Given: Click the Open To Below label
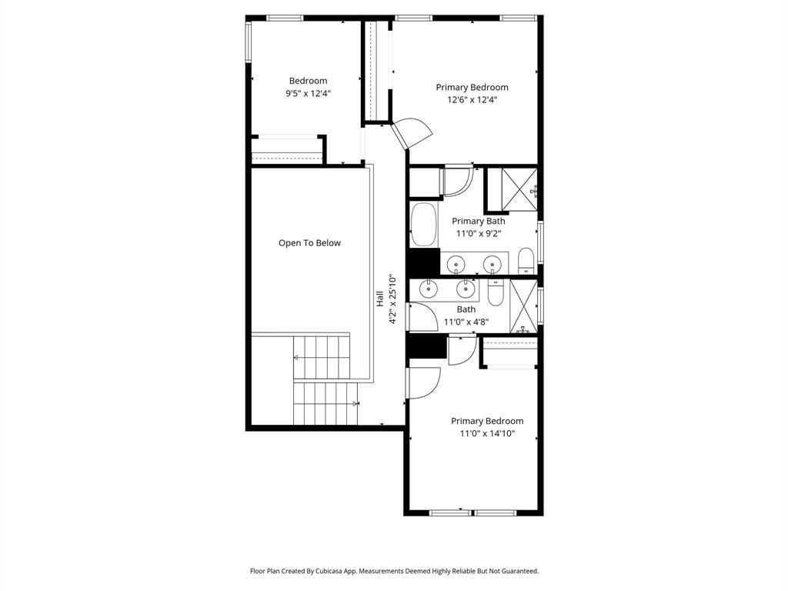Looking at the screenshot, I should (x=309, y=243).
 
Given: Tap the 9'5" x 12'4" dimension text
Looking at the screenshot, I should (x=308, y=94).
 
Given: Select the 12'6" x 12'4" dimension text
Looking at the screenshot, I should (x=472, y=99).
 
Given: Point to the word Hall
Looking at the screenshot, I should (x=380, y=299).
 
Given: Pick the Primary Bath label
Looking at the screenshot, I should (x=478, y=222).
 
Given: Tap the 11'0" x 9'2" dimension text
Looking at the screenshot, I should (x=478, y=234).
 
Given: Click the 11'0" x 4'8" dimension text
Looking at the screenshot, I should (x=466, y=322).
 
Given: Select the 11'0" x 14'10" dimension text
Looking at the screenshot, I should (x=487, y=434).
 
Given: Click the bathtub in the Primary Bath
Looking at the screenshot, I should (x=423, y=224).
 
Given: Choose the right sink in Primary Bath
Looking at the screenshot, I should (x=490, y=265).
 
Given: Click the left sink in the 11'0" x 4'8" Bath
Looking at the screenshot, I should (x=428, y=289).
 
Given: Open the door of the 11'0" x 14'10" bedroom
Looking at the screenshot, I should (x=422, y=382).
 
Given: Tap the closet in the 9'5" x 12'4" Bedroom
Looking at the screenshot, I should (x=287, y=149).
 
